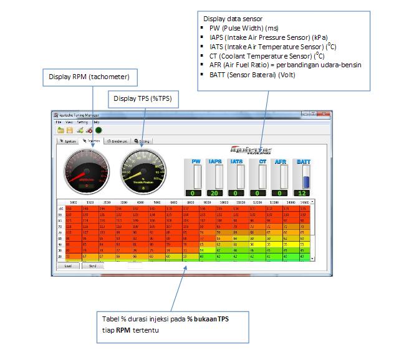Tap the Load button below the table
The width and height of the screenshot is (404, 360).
[68, 266]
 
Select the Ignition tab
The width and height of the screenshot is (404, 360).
[68, 141]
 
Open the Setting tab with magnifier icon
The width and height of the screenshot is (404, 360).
[143, 141]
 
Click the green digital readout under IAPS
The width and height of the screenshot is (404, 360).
[216, 193]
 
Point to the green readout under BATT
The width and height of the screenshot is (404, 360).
[304, 193]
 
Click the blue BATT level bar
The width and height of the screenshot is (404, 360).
[305, 181]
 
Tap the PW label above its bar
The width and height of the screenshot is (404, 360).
[196, 162]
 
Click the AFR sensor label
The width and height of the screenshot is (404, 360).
[281, 162]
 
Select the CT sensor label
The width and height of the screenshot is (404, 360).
[262, 162]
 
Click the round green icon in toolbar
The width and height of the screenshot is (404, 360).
[99, 130]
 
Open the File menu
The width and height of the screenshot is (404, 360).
[58, 122]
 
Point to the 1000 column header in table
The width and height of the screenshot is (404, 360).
[74, 202]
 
